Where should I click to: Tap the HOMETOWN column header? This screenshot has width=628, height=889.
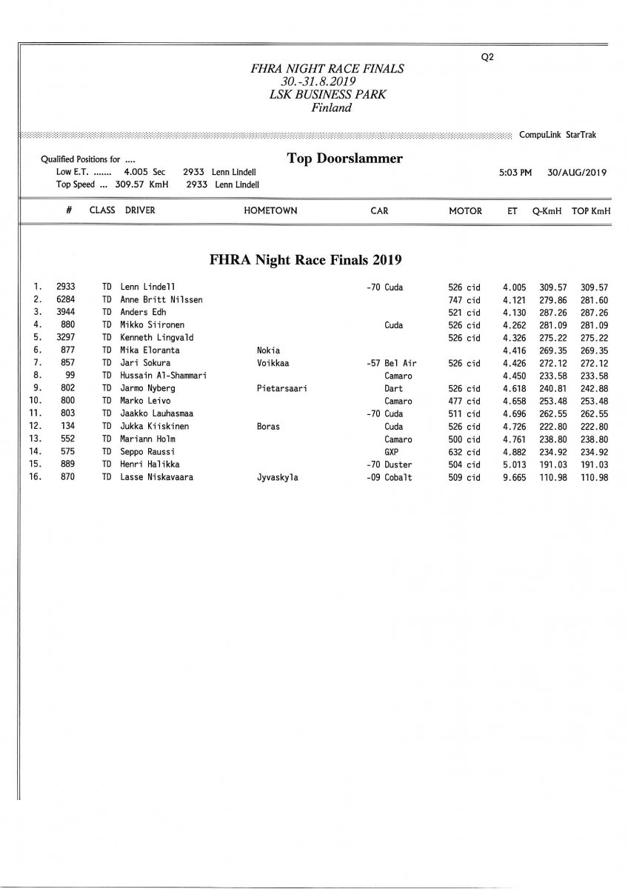270,210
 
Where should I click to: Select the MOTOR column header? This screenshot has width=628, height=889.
465,210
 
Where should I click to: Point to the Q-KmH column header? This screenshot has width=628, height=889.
547,210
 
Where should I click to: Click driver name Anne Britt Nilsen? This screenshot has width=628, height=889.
161,299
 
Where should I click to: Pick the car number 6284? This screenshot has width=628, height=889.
65,299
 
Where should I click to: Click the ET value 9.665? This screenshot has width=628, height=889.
515,478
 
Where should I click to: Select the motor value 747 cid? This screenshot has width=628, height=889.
464,299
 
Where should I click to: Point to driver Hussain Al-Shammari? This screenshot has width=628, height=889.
163,376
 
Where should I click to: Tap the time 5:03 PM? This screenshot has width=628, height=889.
516,173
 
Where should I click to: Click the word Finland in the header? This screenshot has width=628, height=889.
332,107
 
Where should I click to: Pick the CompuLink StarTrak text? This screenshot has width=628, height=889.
558,135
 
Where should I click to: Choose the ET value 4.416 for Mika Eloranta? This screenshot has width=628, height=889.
515,350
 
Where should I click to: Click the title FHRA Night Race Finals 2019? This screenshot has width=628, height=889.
307,260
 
